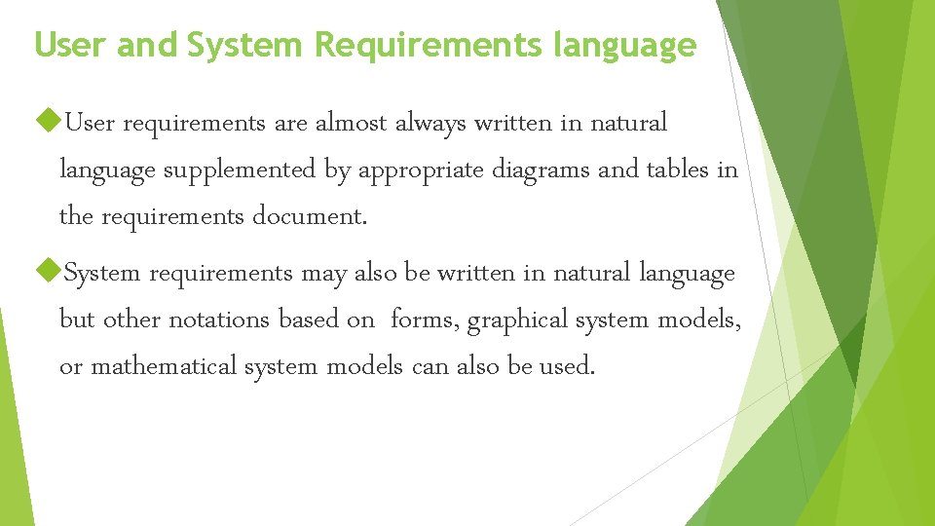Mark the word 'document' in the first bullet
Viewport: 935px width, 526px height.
[x=309, y=217]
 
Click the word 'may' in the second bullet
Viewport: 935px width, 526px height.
[x=323, y=275]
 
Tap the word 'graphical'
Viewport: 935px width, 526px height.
[x=519, y=320]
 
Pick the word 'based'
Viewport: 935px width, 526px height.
[x=310, y=320]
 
